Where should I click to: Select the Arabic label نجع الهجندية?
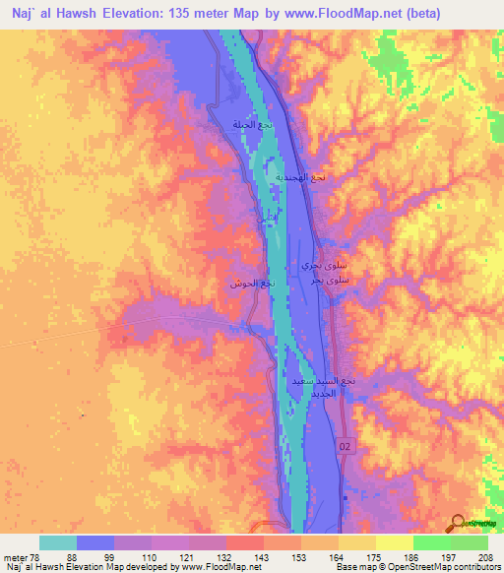pyautogui.click(x=311, y=178)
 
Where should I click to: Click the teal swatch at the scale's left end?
pyautogui.click(x=58, y=542)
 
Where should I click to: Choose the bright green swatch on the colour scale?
pyautogui.click(x=431, y=542)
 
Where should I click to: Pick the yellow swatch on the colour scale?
pyautogui.click(x=394, y=542)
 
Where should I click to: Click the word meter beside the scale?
pyautogui.click(x=15, y=557)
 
